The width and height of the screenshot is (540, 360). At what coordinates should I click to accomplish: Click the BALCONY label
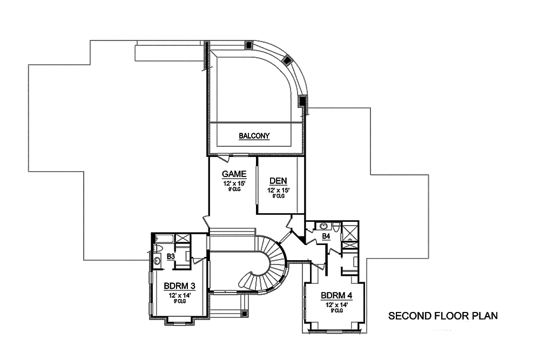click(x=254, y=137)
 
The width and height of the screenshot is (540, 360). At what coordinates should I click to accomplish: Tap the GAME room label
click(x=234, y=174)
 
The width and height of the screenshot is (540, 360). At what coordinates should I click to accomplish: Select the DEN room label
click(x=278, y=181)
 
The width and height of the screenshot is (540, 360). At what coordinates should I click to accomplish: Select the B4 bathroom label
click(x=326, y=236)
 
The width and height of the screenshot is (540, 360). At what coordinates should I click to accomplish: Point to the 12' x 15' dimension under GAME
click(x=234, y=184)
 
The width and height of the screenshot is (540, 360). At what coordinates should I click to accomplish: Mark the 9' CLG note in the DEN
click(x=278, y=196)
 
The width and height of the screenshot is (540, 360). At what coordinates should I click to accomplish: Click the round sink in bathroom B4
click(x=323, y=226)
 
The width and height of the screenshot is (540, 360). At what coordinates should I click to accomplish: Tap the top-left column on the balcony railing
click(x=249, y=45)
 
